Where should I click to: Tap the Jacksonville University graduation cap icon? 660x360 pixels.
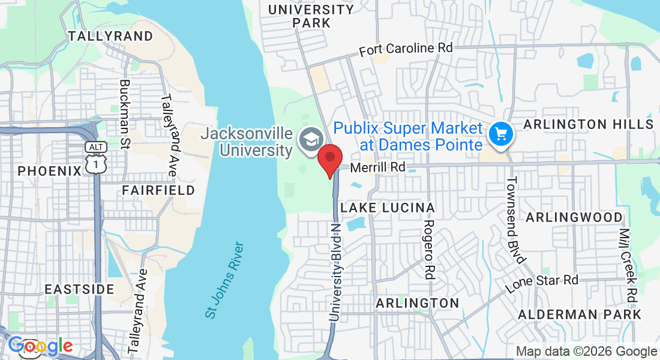(x=311, y=140)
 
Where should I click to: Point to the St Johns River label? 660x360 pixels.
(x=224, y=280)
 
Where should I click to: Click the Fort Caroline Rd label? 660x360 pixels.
(x=406, y=49)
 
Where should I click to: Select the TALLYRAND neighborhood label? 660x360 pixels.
(x=110, y=36)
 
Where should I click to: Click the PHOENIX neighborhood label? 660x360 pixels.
(x=49, y=171)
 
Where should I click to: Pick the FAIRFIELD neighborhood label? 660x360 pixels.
(x=158, y=190)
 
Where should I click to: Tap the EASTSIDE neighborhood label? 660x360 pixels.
(x=79, y=289)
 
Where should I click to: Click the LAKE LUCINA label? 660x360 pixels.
(x=388, y=208)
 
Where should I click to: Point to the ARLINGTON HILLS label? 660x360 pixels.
(x=588, y=124)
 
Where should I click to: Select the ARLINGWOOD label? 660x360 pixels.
(x=574, y=217)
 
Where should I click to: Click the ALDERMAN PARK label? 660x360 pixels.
(x=580, y=314)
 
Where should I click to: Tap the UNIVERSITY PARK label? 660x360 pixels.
(x=311, y=16)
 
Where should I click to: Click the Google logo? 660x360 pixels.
(x=40, y=346)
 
